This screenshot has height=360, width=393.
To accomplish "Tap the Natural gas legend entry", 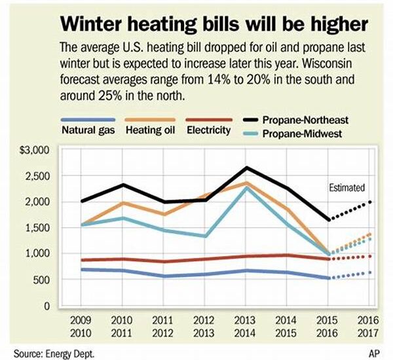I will click(88, 130).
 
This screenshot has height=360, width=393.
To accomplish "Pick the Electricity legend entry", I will click(208, 130).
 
